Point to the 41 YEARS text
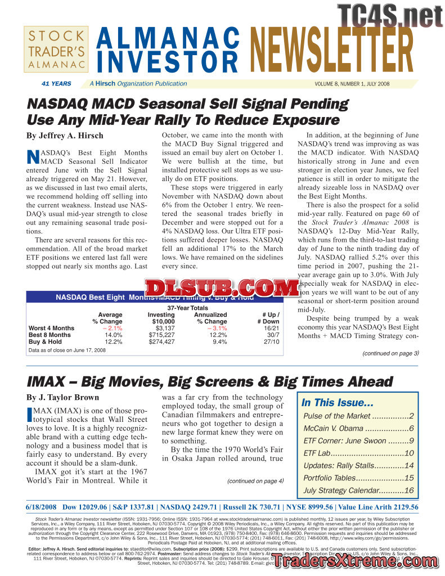point(56,84)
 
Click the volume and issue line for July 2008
point(352,84)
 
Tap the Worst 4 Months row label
point(51,328)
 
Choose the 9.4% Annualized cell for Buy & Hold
point(219,341)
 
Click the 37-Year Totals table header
point(187,308)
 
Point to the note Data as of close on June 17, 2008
point(67,350)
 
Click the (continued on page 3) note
point(390,353)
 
